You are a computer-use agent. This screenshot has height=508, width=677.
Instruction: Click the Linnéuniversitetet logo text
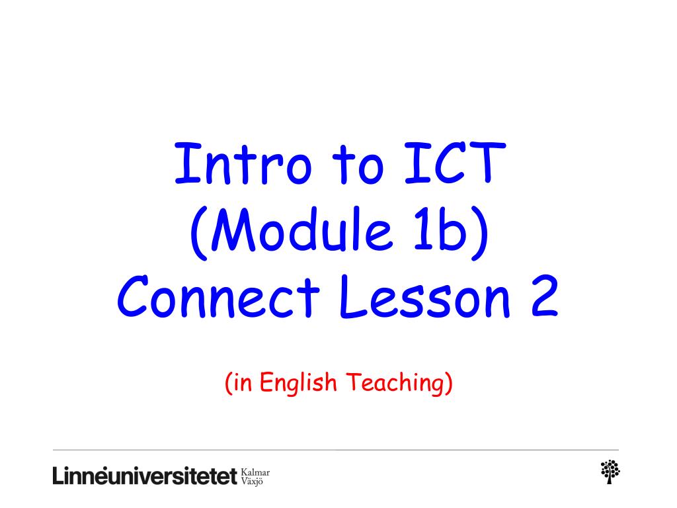145,476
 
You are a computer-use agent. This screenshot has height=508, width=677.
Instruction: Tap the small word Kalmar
257,470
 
